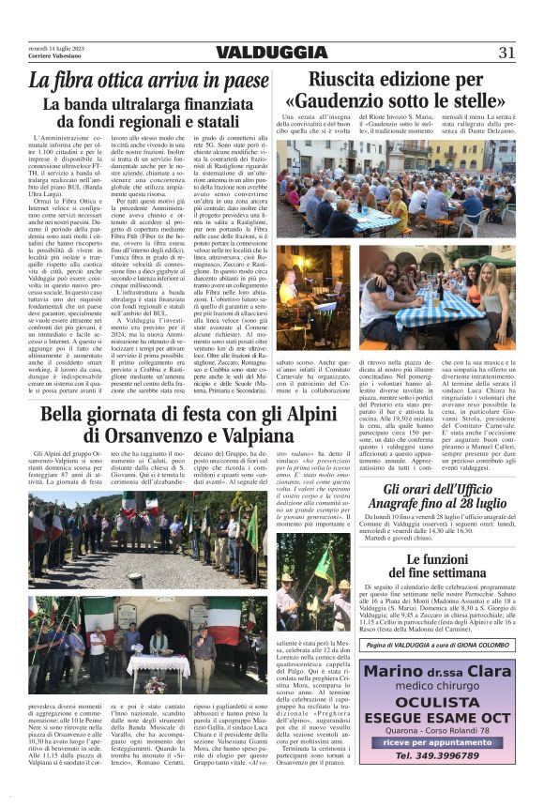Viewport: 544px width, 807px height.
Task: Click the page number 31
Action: [506, 53]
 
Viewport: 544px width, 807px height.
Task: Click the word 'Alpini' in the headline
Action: [264, 414]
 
